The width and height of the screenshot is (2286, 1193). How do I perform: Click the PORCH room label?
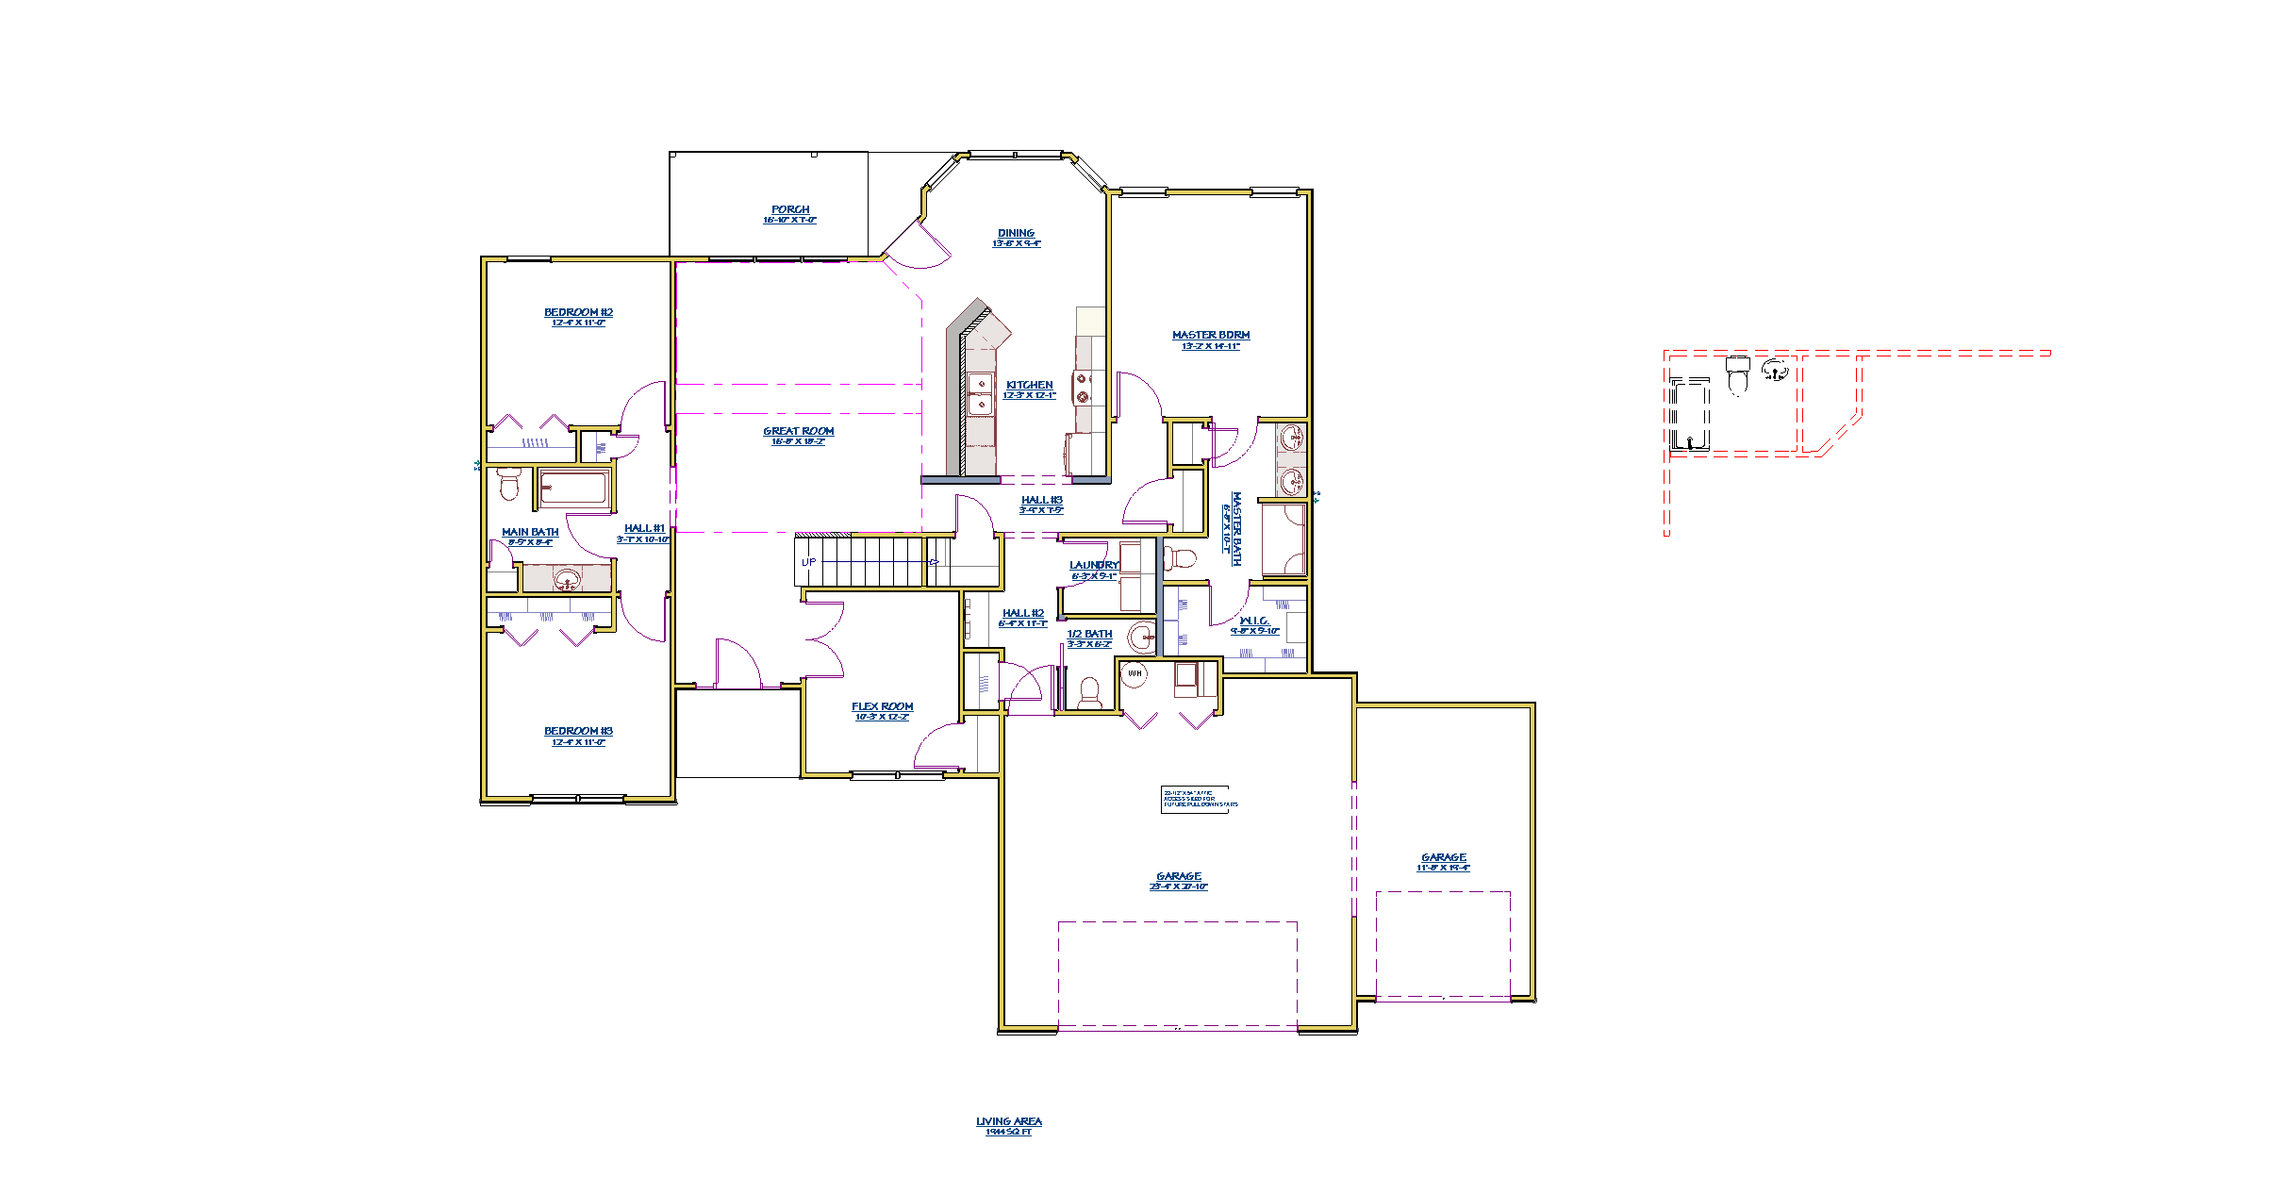[x=790, y=210]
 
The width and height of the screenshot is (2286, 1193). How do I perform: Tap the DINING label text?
[x=1016, y=234]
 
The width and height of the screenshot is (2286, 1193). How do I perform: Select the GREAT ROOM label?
[x=799, y=432]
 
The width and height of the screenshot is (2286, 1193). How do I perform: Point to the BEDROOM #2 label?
[x=578, y=313]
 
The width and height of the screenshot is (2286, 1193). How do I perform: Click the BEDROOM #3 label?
[x=578, y=732]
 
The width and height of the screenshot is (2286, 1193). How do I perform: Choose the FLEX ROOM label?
[x=883, y=707]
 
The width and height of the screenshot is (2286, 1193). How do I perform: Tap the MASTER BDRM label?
[x=1211, y=336]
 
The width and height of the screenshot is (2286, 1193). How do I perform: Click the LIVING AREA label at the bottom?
[x=1009, y=1122]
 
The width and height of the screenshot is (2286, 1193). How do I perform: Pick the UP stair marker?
[x=808, y=563]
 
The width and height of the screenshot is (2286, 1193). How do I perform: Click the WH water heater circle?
[x=1135, y=673]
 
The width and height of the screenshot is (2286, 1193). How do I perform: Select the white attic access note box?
[x=1199, y=799]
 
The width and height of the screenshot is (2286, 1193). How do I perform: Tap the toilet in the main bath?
[x=509, y=483]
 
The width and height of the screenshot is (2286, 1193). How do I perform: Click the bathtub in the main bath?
[x=573, y=489]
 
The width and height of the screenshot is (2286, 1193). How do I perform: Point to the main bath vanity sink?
[x=567, y=578]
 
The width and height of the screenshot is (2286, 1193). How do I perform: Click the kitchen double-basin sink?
[x=981, y=394]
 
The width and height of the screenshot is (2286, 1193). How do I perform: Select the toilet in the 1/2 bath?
[x=1089, y=693]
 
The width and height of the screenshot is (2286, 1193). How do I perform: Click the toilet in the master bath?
[x=1179, y=558]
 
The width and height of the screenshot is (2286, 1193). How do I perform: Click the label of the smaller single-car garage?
[x=1443, y=858]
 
